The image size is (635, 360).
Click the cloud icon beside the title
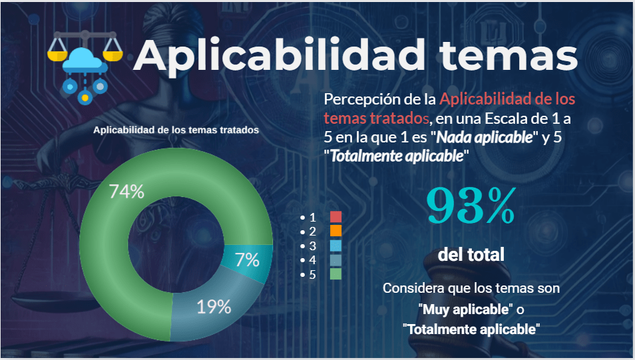point(84,61)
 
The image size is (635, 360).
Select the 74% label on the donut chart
point(127,192)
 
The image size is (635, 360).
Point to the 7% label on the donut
point(247,258)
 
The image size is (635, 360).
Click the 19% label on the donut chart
point(214,307)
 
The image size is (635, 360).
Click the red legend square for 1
point(335,217)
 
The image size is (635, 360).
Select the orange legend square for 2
point(335,231)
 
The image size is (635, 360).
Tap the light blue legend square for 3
point(335,246)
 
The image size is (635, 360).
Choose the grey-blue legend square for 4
point(335,260)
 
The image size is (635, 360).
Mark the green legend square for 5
point(335,274)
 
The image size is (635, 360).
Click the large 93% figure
point(471,206)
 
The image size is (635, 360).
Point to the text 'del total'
point(471,254)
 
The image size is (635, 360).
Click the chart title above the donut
point(176,130)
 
